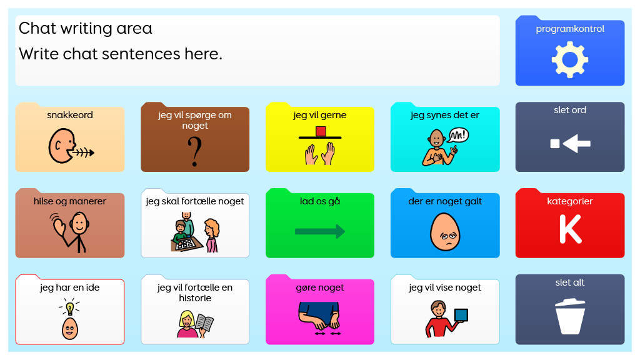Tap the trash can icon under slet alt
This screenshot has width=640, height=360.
[570, 316]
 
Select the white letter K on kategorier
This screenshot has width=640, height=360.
[570, 229]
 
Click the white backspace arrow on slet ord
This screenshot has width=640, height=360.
[570, 143]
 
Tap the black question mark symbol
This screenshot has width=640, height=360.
[195, 151]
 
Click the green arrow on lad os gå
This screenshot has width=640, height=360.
[320, 231]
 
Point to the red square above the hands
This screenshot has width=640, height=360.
[321, 131]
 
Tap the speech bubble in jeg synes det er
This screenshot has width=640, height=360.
[458, 136]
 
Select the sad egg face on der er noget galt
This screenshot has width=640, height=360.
[445, 231]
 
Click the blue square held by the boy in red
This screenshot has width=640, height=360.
[461, 315]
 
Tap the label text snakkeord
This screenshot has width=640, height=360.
[70, 115]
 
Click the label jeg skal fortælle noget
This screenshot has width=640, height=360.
[195, 201]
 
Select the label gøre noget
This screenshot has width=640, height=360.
[320, 287]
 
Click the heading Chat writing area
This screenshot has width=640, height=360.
[85, 28]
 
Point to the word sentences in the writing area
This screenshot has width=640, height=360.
[141, 54]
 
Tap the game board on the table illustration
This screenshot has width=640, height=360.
[186, 244]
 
